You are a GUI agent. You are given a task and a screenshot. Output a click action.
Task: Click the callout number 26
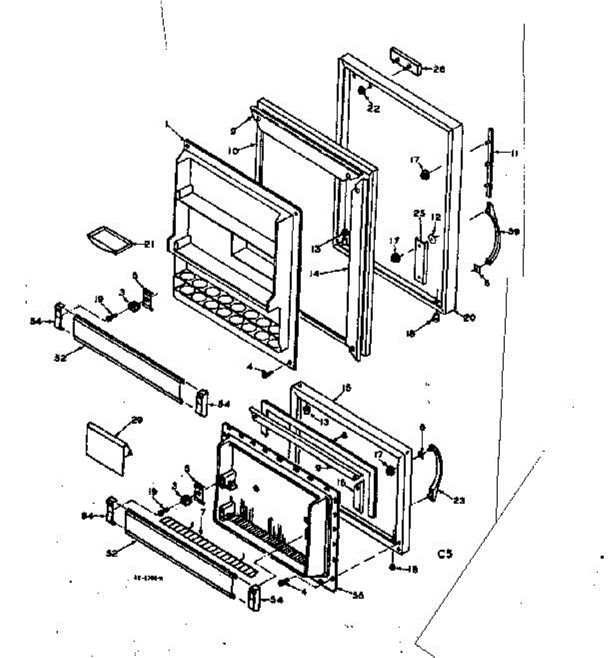[439, 70]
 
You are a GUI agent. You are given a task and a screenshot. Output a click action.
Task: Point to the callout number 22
[374, 109]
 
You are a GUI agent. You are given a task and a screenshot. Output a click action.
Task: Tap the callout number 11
[514, 154]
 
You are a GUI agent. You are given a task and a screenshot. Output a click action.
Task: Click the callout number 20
[469, 316]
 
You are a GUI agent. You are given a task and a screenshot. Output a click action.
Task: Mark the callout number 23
[458, 500]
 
